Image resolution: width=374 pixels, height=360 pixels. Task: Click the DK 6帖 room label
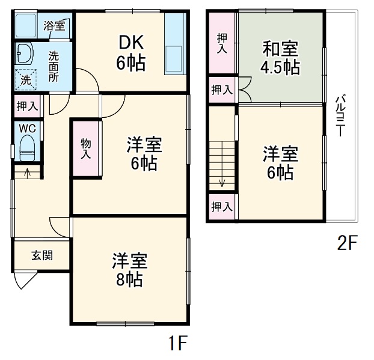click(x=131, y=52)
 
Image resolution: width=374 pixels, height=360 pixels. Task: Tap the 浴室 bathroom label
click(x=55, y=26)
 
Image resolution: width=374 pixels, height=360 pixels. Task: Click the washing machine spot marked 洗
click(x=26, y=78)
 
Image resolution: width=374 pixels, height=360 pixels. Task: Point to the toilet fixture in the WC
click(x=27, y=146)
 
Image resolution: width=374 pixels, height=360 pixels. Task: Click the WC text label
click(x=26, y=127)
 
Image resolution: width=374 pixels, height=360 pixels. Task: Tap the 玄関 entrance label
click(x=42, y=255)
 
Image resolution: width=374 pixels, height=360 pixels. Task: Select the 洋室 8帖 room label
click(x=129, y=270)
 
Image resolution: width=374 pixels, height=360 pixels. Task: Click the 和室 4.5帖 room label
click(x=280, y=57)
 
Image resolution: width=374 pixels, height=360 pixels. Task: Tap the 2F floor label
click(x=347, y=243)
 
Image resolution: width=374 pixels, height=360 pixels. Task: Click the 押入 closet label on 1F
click(x=26, y=106)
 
